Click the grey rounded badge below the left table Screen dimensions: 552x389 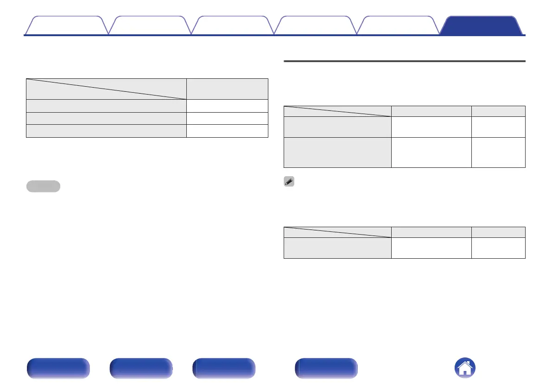click(43, 186)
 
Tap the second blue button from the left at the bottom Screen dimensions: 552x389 click(141, 369)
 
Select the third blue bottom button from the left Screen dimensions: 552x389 click(224, 369)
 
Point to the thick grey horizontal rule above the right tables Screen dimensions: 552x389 click(404, 61)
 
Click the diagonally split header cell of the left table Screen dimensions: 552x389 click(106, 89)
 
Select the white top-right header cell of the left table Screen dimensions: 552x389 click(227, 89)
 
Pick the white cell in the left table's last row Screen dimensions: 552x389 click(227, 131)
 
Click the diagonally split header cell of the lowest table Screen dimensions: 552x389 click(337, 232)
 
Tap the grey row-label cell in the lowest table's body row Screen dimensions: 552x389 click(337, 248)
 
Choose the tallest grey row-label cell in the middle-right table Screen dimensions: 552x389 click(337, 152)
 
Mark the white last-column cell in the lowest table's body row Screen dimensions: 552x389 click(498, 248)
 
